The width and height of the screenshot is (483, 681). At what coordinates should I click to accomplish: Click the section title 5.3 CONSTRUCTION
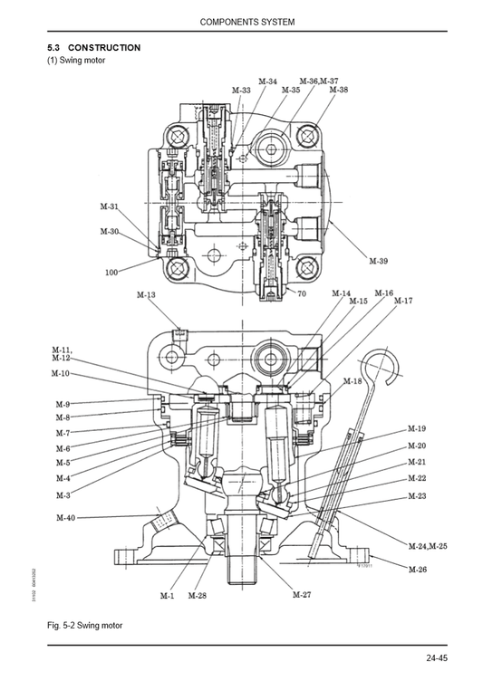[93, 47]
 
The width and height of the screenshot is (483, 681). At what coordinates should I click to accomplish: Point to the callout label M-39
[379, 261]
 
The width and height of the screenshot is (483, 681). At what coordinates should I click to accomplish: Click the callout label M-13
[146, 295]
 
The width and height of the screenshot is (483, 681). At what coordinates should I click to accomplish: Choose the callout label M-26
[417, 569]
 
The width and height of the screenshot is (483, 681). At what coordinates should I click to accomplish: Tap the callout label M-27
[302, 595]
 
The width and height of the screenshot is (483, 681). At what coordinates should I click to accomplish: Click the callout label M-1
[167, 596]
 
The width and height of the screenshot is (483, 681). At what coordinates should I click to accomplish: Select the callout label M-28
[197, 596]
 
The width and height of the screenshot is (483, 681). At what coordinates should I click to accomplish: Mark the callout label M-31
[108, 206]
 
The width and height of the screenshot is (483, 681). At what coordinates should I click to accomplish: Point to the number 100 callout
[111, 272]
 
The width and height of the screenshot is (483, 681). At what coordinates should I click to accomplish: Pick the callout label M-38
[338, 90]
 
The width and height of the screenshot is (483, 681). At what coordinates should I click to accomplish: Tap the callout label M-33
[241, 91]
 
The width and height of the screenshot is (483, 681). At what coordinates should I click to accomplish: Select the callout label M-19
[417, 428]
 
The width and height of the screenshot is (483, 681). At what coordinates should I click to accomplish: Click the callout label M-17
[402, 301]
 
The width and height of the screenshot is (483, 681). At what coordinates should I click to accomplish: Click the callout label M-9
[63, 404]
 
